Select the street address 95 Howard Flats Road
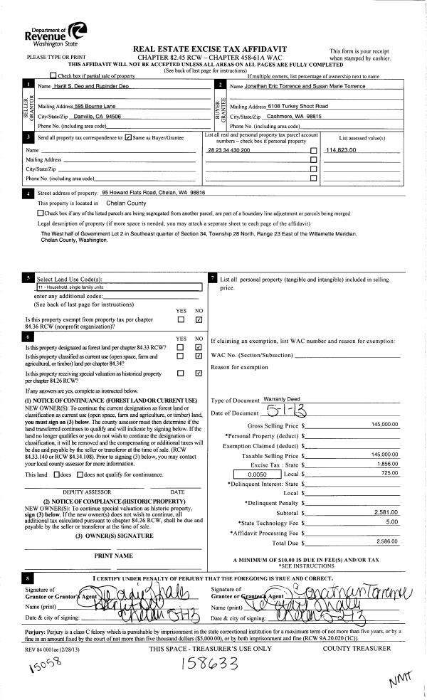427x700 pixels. click(153, 192)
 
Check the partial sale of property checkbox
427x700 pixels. click(53, 75)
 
